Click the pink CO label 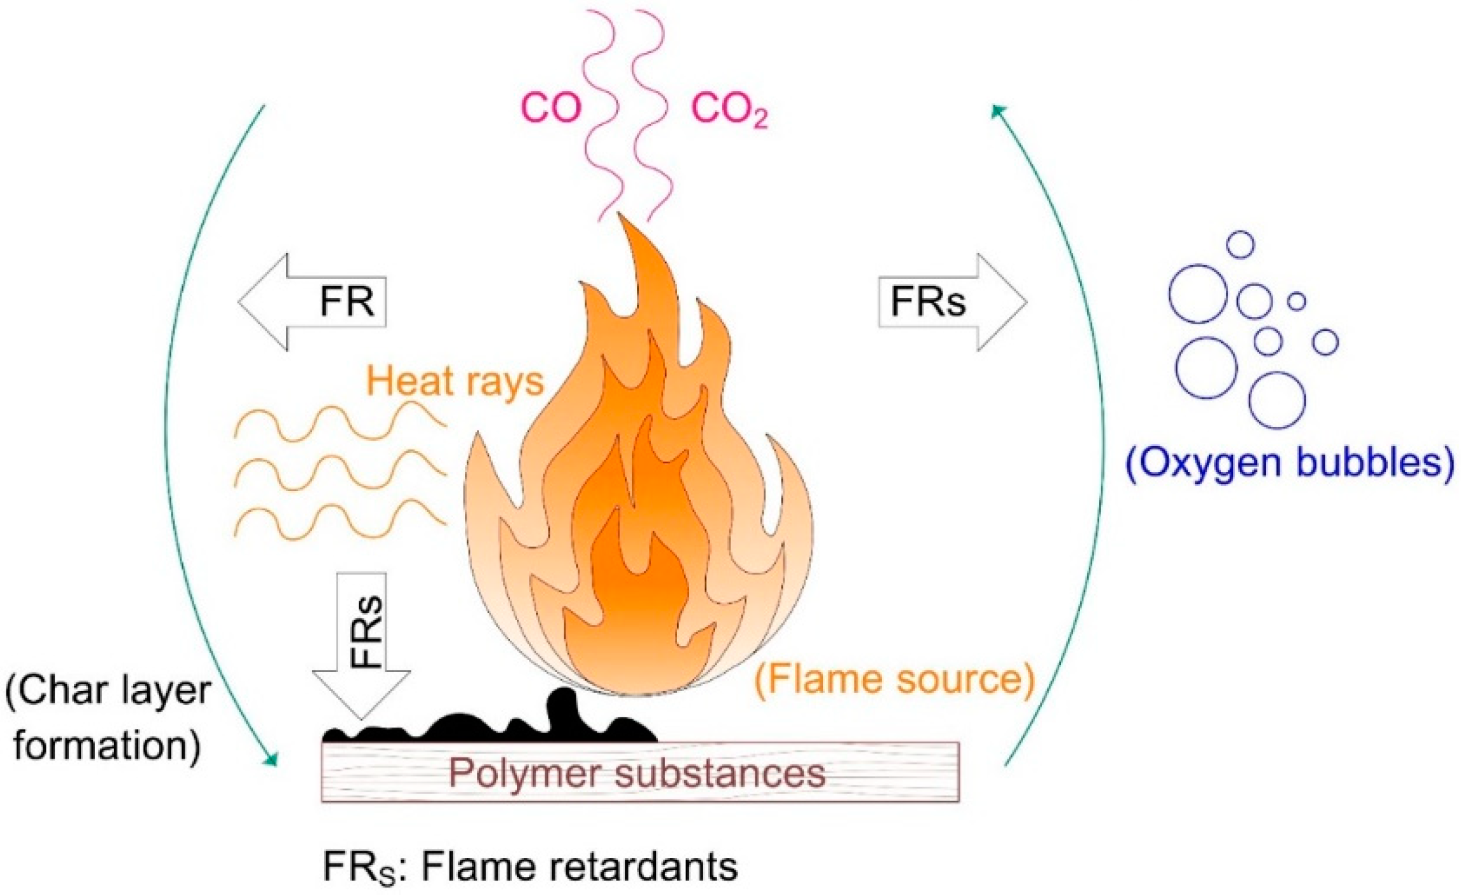pyautogui.click(x=552, y=109)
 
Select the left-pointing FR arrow pyautogui.click(x=312, y=302)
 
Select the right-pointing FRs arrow pyautogui.click(x=952, y=302)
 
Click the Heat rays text pyautogui.click(x=455, y=382)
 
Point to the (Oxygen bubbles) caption pyautogui.click(x=1290, y=463)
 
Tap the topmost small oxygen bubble pyautogui.click(x=1240, y=244)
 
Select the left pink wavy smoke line pyautogui.click(x=599, y=115)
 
